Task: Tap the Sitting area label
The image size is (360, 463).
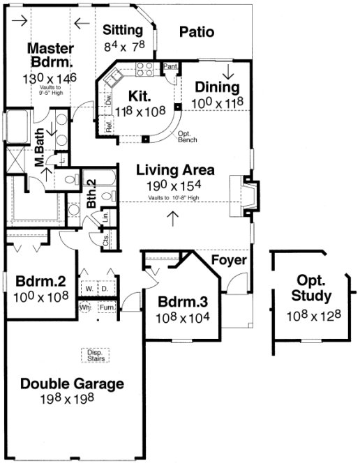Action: tap(123, 30)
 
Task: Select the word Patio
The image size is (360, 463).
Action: tap(196, 31)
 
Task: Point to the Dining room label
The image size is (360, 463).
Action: tap(217, 88)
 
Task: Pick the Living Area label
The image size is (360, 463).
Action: tap(175, 169)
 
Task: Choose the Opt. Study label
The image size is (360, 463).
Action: tap(313, 288)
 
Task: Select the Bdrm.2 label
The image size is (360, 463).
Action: tap(40, 282)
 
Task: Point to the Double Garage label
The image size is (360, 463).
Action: tap(72, 384)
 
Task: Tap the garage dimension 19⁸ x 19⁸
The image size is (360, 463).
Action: tap(72, 399)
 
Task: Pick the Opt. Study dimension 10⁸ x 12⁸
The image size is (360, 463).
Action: tap(313, 316)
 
